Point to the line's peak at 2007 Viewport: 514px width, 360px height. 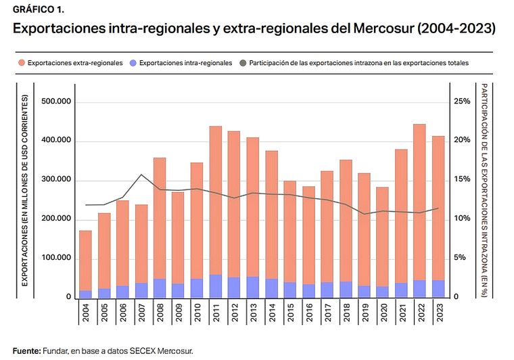141,175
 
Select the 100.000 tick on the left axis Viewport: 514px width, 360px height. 57,258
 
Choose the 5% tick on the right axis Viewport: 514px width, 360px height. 460,258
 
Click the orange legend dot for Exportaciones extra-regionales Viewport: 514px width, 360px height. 22,62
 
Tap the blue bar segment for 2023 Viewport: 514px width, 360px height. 438,289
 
